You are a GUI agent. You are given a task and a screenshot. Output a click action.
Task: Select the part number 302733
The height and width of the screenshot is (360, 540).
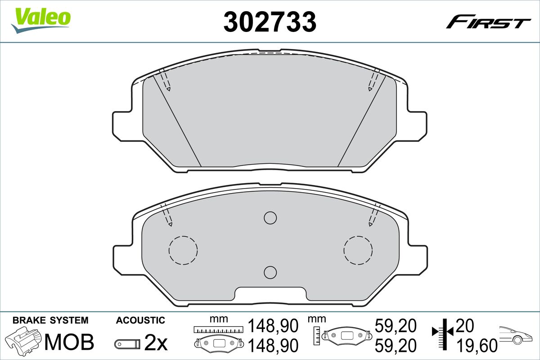[270, 21]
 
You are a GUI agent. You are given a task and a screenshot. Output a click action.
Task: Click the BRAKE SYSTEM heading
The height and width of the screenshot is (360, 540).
[50, 320]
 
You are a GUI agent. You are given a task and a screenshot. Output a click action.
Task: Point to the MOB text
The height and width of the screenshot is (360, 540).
[70, 342]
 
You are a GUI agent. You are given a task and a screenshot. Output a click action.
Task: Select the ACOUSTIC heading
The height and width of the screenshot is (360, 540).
[140, 320]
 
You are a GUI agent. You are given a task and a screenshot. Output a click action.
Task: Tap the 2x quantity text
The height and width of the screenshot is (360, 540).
[156, 343]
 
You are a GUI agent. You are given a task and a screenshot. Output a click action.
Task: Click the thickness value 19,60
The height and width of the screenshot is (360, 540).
[477, 346]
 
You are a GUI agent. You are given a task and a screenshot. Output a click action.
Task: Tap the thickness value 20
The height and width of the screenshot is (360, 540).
[465, 325]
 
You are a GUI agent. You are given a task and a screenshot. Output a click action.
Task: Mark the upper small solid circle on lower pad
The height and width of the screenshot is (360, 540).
[270, 218]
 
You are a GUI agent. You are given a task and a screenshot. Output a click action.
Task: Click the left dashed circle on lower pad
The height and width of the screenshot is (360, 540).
[183, 250]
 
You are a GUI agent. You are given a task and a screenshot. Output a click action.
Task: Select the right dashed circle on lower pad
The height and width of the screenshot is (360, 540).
[358, 250]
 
